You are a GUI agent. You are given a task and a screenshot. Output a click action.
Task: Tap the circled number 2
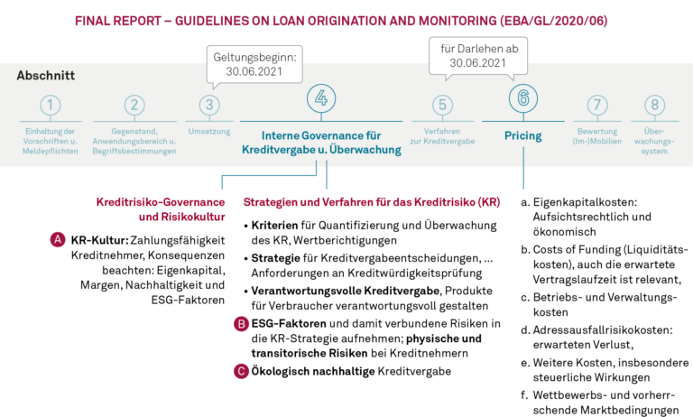(134, 106)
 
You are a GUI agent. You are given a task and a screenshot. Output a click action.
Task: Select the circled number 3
(209, 106)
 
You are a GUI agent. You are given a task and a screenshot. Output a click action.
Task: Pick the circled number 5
(440, 106)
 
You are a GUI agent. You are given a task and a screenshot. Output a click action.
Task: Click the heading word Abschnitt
(45, 76)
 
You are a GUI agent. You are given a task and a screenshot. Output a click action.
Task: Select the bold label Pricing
(522, 136)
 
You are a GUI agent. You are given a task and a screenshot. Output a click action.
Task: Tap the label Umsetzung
(209, 132)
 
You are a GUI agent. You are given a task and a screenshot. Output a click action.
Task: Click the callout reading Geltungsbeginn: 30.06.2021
(255, 62)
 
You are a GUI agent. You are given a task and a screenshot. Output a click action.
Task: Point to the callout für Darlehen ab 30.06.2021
(478, 56)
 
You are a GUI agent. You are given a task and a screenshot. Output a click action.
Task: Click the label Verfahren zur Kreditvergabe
(441, 136)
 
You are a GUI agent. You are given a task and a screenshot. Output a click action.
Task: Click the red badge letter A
(58, 240)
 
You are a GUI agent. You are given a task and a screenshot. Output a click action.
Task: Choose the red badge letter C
(241, 370)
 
